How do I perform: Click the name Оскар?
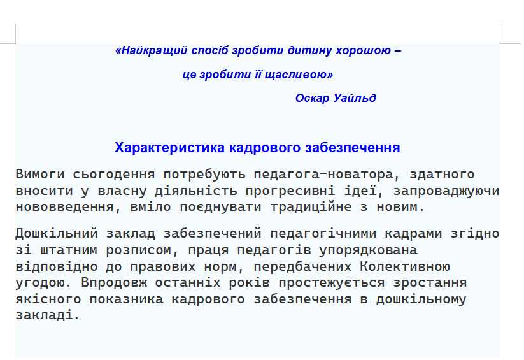(x=313, y=98)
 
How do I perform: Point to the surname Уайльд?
(x=355, y=98)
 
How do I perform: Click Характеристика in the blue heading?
(x=169, y=148)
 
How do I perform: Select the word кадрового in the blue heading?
(x=265, y=148)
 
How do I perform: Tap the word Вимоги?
(x=40, y=175)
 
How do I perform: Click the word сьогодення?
(x=114, y=175)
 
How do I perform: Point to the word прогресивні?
(x=290, y=191)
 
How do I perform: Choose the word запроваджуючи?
(x=446, y=191)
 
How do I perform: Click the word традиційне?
(x=311, y=207)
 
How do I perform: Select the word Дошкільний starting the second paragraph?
(x=57, y=234)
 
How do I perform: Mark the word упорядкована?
(x=368, y=250)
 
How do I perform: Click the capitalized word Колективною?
(x=405, y=266)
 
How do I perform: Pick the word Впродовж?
(x=114, y=283)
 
